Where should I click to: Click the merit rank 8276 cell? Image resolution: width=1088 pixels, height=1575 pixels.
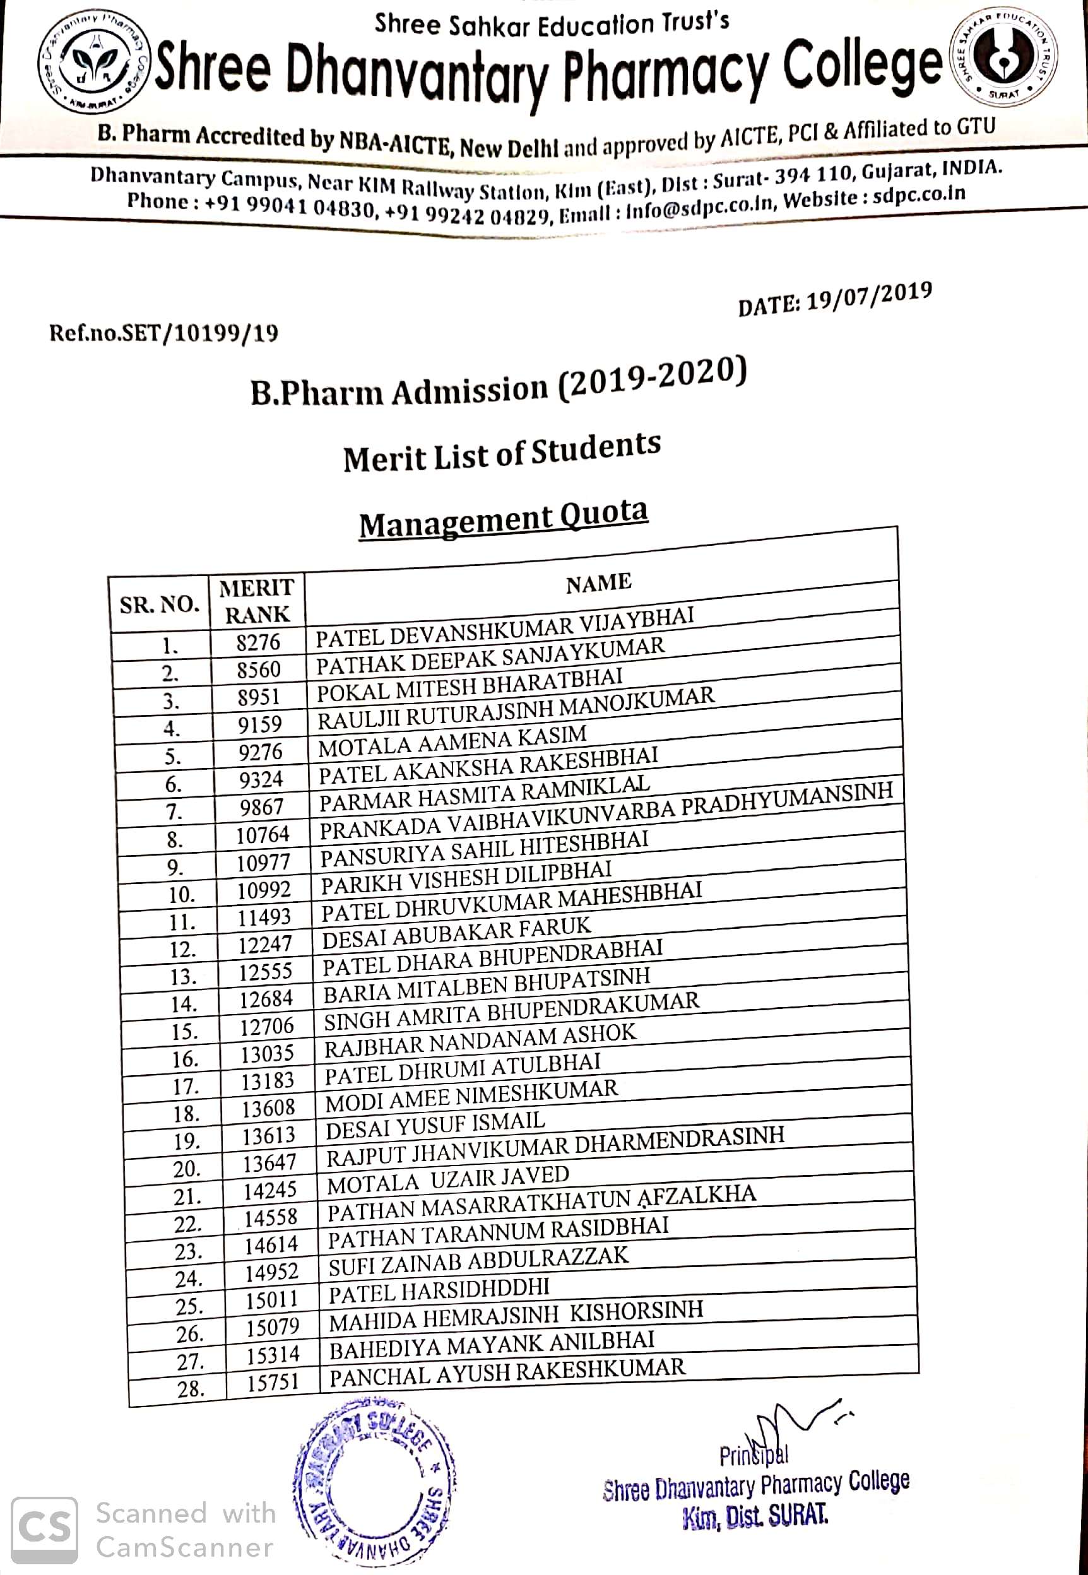coord(258,642)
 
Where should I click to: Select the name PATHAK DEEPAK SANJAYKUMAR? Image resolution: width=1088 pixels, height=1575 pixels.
coord(490,656)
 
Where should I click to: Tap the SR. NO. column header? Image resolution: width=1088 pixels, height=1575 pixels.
coord(160,605)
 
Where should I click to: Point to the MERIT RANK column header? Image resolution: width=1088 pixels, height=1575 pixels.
coord(257,601)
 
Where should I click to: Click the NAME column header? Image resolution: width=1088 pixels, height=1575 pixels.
coord(598,582)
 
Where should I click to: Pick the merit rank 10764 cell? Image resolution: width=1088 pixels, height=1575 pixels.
coord(263,835)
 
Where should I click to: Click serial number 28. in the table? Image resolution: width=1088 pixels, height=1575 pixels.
coord(191,1388)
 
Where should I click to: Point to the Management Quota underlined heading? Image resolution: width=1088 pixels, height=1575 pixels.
coord(503,519)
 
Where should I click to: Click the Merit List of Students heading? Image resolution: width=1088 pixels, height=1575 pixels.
coord(502,452)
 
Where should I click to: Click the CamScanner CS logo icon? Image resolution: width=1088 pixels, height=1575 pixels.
coord(44,1531)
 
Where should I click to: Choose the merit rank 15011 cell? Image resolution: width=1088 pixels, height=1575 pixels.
coord(272,1301)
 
